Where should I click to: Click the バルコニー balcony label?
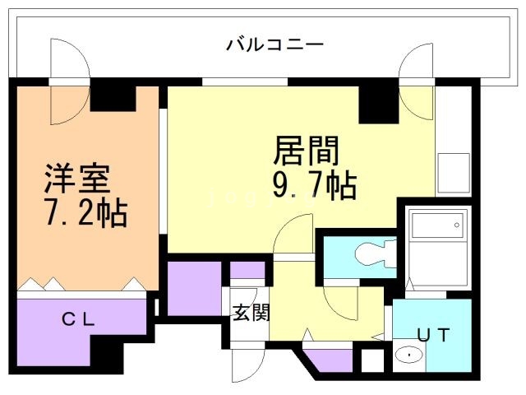pyautogui.click(x=275, y=44)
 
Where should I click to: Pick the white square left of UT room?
pyautogui.click(x=372, y=360)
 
